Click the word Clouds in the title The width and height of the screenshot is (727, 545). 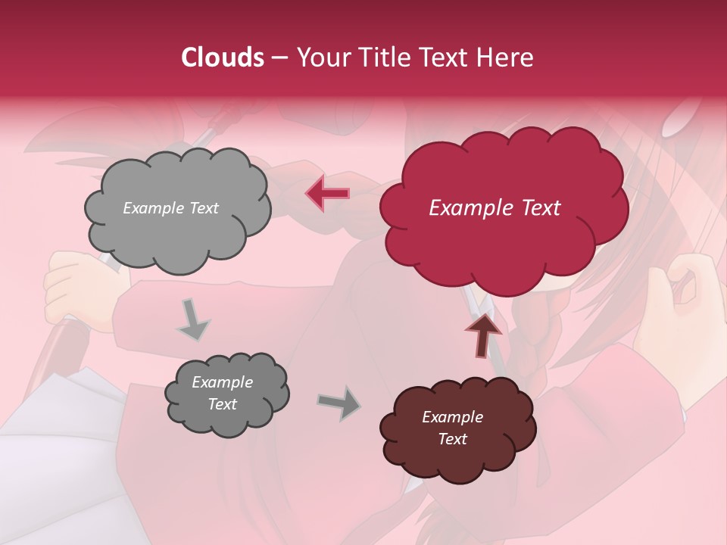pos(223,58)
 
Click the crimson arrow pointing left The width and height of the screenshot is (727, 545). pos(328,194)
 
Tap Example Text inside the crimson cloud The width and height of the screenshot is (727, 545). pos(495,208)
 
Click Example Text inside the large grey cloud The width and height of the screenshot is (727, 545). pos(170,208)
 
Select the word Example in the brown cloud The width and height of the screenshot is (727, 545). pos(452,417)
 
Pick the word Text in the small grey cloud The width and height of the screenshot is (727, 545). pos(222,404)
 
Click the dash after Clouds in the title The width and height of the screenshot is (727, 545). pos(279,58)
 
